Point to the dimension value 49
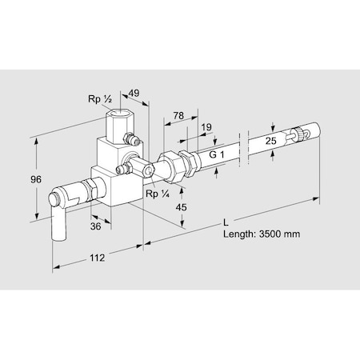(134, 93)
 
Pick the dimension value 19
(207, 126)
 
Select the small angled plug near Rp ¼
(128, 170)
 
